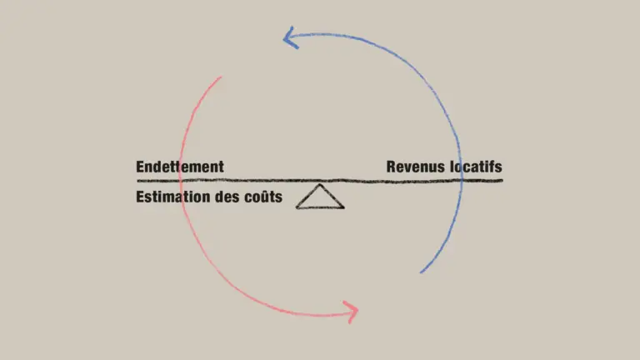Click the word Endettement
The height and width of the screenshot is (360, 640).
pyautogui.click(x=180, y=167)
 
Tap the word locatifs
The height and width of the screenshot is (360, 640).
pyautogui.click(x=476, y=167)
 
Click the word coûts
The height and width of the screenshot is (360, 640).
pyautogui.click(x=262, y=197)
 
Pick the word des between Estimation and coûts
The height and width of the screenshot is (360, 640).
pyautogui.click(x=225, y=197)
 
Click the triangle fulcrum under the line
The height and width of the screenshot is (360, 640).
pyautogui.click(x=320, y=197)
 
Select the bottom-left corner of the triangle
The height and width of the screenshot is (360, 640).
pyautogui.click(x=297, y=207)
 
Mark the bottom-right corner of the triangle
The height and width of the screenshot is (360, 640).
pyautogui.click(x=343, y=207)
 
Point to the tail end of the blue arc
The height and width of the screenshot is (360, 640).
pyautogui.click(x=422, y=272)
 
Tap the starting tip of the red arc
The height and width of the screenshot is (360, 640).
pyautogui.click(x=222, y=77)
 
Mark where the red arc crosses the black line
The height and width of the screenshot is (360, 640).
pyautogui.click(x=180, y=180)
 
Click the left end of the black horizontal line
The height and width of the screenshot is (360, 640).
pyautogui.click(x=137, y=180)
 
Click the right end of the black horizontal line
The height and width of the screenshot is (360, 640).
pyautogui.click(x=502, y=180)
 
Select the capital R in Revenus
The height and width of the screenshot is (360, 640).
pyautogui.click(x=391, y=167)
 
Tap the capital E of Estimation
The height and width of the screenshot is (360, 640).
pyautogui.click(x=140, y=197)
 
